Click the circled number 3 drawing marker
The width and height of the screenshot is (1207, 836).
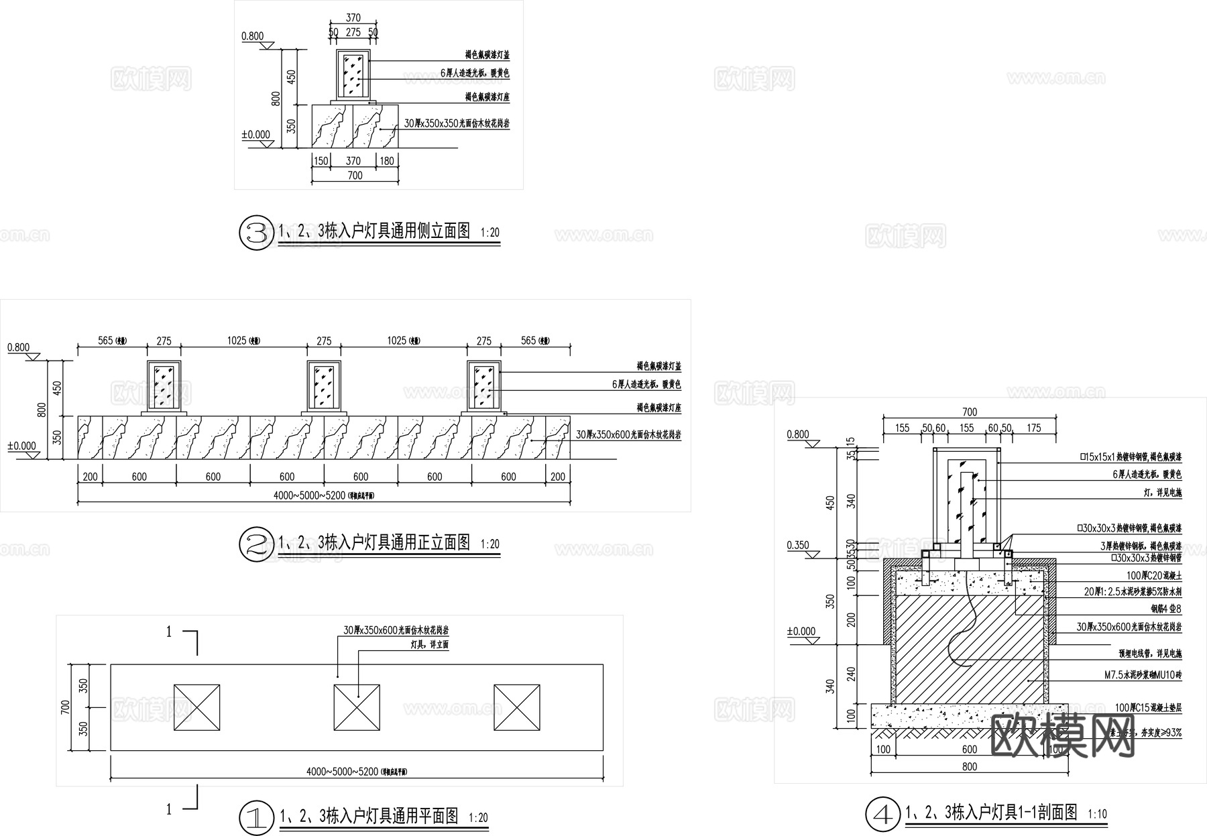(x=256, y=233)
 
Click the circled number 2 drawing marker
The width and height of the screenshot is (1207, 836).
(x=256, y=545)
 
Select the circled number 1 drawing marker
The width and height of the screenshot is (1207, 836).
(x=256, y=817)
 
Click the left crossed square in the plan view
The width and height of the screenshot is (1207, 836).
(x=196, y=707)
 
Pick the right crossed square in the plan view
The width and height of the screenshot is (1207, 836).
(x=517, y=707)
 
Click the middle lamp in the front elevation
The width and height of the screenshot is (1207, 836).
(x=324, y=385)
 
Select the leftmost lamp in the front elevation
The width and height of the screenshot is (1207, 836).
(x=164, y=385)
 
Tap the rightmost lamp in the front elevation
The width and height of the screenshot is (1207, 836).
(x=483, y=385)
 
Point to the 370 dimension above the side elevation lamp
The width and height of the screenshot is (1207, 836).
(x=353, y=18)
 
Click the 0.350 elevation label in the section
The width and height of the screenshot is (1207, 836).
(x=797, y=546)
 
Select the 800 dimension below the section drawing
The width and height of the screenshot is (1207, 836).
(x=970, y=766)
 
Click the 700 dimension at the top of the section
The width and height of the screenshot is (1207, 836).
(x=970, y=412)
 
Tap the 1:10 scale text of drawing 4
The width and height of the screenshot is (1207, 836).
(x=1098, y=815)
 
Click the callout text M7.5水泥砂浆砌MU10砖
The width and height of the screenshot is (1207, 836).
(x=1143, y=676)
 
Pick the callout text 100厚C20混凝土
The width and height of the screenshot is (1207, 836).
(x=1154, y=576)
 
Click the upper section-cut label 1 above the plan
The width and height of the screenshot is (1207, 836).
(x=169, y=632)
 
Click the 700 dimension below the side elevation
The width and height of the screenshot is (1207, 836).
(x=355, y=176)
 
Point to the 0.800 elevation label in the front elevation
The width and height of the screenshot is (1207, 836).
(x=19, y=347)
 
